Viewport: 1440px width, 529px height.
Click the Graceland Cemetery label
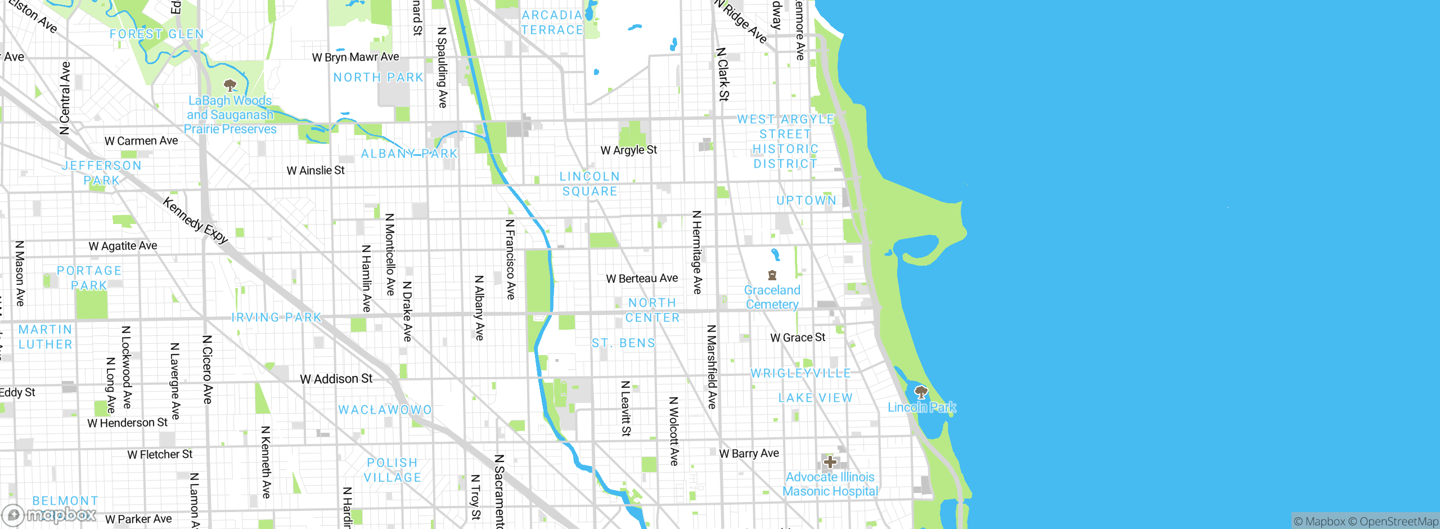pyautogui.click(x=772, y=297)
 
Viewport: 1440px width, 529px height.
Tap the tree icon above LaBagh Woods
pyautogui.click(x=229, y=86)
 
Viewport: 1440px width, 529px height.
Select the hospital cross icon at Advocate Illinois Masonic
pyautogui.click(x=830, y=462)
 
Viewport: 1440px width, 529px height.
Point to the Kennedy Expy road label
pyautogui.click(x=195, y=220)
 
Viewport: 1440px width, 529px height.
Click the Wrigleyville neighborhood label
pyautogui.click(x=800, y=373)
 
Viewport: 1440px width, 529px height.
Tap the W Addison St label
pyautogui.click(x=336, y=379)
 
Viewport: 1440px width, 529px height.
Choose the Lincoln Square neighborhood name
pyautogui.click(x=589, y=184)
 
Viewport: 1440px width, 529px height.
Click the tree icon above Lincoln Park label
pyautogui.click(x=921, y=392)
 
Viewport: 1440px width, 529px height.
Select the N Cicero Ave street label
pyautogui.click(x=207, y=370)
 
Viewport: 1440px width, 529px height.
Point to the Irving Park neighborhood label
pyautogui.click(x=276, y=317)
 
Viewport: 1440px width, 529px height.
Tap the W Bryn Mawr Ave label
pyautogui.click(x=355, y=57)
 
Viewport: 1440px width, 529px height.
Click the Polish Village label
pyautogui.click(x=393, y=470)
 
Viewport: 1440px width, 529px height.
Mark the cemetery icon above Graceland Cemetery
pyautogui.click(x=772, y=275)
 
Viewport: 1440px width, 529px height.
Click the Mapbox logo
pyautogui.click(x=49, y=514)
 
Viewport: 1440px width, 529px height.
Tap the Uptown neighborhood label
pyautogui.click(x=806, y=200)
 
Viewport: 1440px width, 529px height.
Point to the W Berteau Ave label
pyautogui.click(x=642, y=279)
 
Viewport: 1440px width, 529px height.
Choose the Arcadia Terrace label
pyautogui.click(x=552, y=23)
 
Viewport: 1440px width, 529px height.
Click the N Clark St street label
pyautogui.click(x=723, y=74)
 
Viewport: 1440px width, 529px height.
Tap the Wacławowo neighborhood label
pyautogui.click(x=385, y=410)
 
